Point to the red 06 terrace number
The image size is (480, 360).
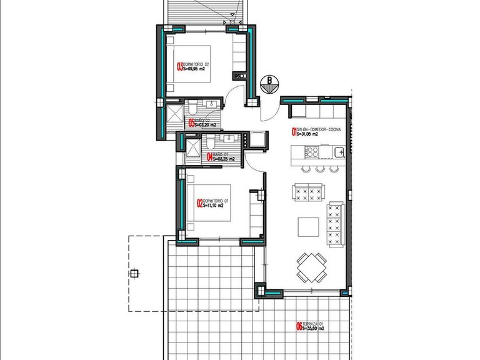299,326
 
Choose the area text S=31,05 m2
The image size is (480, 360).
307,134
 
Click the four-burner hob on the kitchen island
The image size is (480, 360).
312,152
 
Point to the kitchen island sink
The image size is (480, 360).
338,152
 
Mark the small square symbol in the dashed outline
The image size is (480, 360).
134,273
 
